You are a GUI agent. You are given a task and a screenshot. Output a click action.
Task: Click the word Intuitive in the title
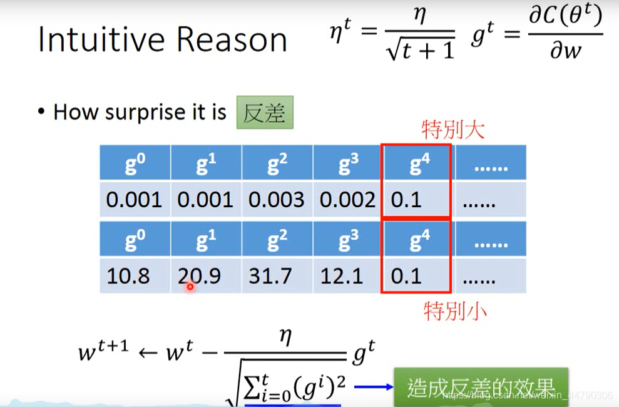[103, 40]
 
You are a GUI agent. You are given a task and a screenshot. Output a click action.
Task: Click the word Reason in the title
[232, 40]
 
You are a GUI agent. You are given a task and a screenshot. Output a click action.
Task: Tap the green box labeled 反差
[264, 113]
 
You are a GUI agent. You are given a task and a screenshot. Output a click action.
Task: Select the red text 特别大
[453, 130]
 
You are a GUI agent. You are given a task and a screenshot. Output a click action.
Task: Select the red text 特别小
[454, 310]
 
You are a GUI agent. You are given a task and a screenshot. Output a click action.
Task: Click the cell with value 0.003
[276, 200]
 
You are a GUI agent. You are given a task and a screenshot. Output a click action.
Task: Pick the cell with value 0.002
[347, 200]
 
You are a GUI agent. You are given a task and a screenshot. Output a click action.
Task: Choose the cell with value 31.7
[276, 276]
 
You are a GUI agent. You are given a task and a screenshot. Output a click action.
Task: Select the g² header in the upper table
[277, 164]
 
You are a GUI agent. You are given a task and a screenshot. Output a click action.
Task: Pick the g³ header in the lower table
[348, 240]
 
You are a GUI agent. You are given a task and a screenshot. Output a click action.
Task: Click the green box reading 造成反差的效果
[481, 387]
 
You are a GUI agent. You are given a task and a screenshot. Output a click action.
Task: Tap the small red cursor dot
[190, 287]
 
